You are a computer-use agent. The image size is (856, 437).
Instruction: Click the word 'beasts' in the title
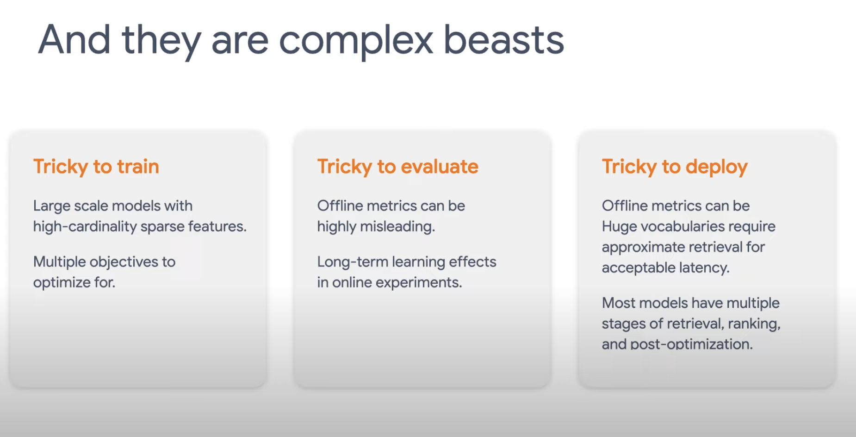pyautogui.click(x=504, y=39)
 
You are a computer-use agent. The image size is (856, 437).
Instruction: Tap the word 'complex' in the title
pyautogui.click(x=356, y=42)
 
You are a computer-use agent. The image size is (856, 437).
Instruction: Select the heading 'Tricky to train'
pyautogui.click(x=96, y=167)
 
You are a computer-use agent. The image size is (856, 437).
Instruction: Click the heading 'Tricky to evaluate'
pyautogui.click(x=398, y=167)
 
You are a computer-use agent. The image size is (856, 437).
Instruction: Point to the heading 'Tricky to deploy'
pyautogui.click(x=675, y=167)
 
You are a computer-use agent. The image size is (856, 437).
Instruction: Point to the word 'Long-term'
pyautogui.click(x=353, y=262)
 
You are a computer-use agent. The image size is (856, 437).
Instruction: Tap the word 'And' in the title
pyautogui.click(x=74, y=39)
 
